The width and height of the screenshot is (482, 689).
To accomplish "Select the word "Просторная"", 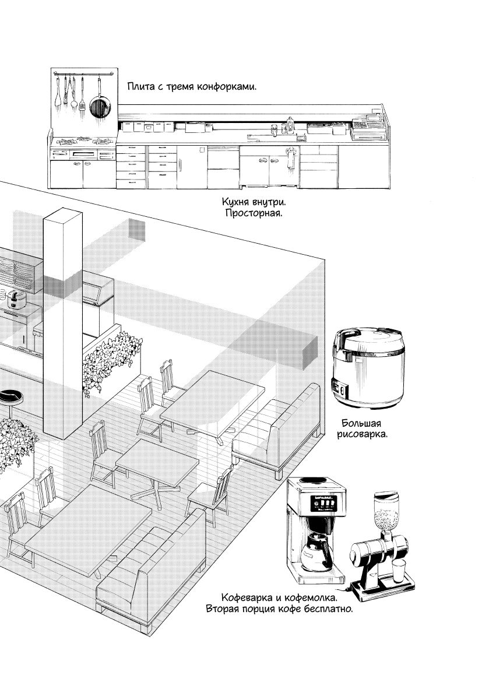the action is (253, 213).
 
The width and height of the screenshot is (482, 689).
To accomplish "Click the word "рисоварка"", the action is (363, 435).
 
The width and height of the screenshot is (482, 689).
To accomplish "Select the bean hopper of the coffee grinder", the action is (386, 511).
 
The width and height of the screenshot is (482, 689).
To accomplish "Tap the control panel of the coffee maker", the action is (324, 502).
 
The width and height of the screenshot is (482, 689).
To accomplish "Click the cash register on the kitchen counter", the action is (369, 126).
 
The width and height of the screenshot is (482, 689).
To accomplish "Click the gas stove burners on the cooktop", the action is (83, 142).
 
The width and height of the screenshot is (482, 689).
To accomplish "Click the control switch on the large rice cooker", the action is (340, 389).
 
